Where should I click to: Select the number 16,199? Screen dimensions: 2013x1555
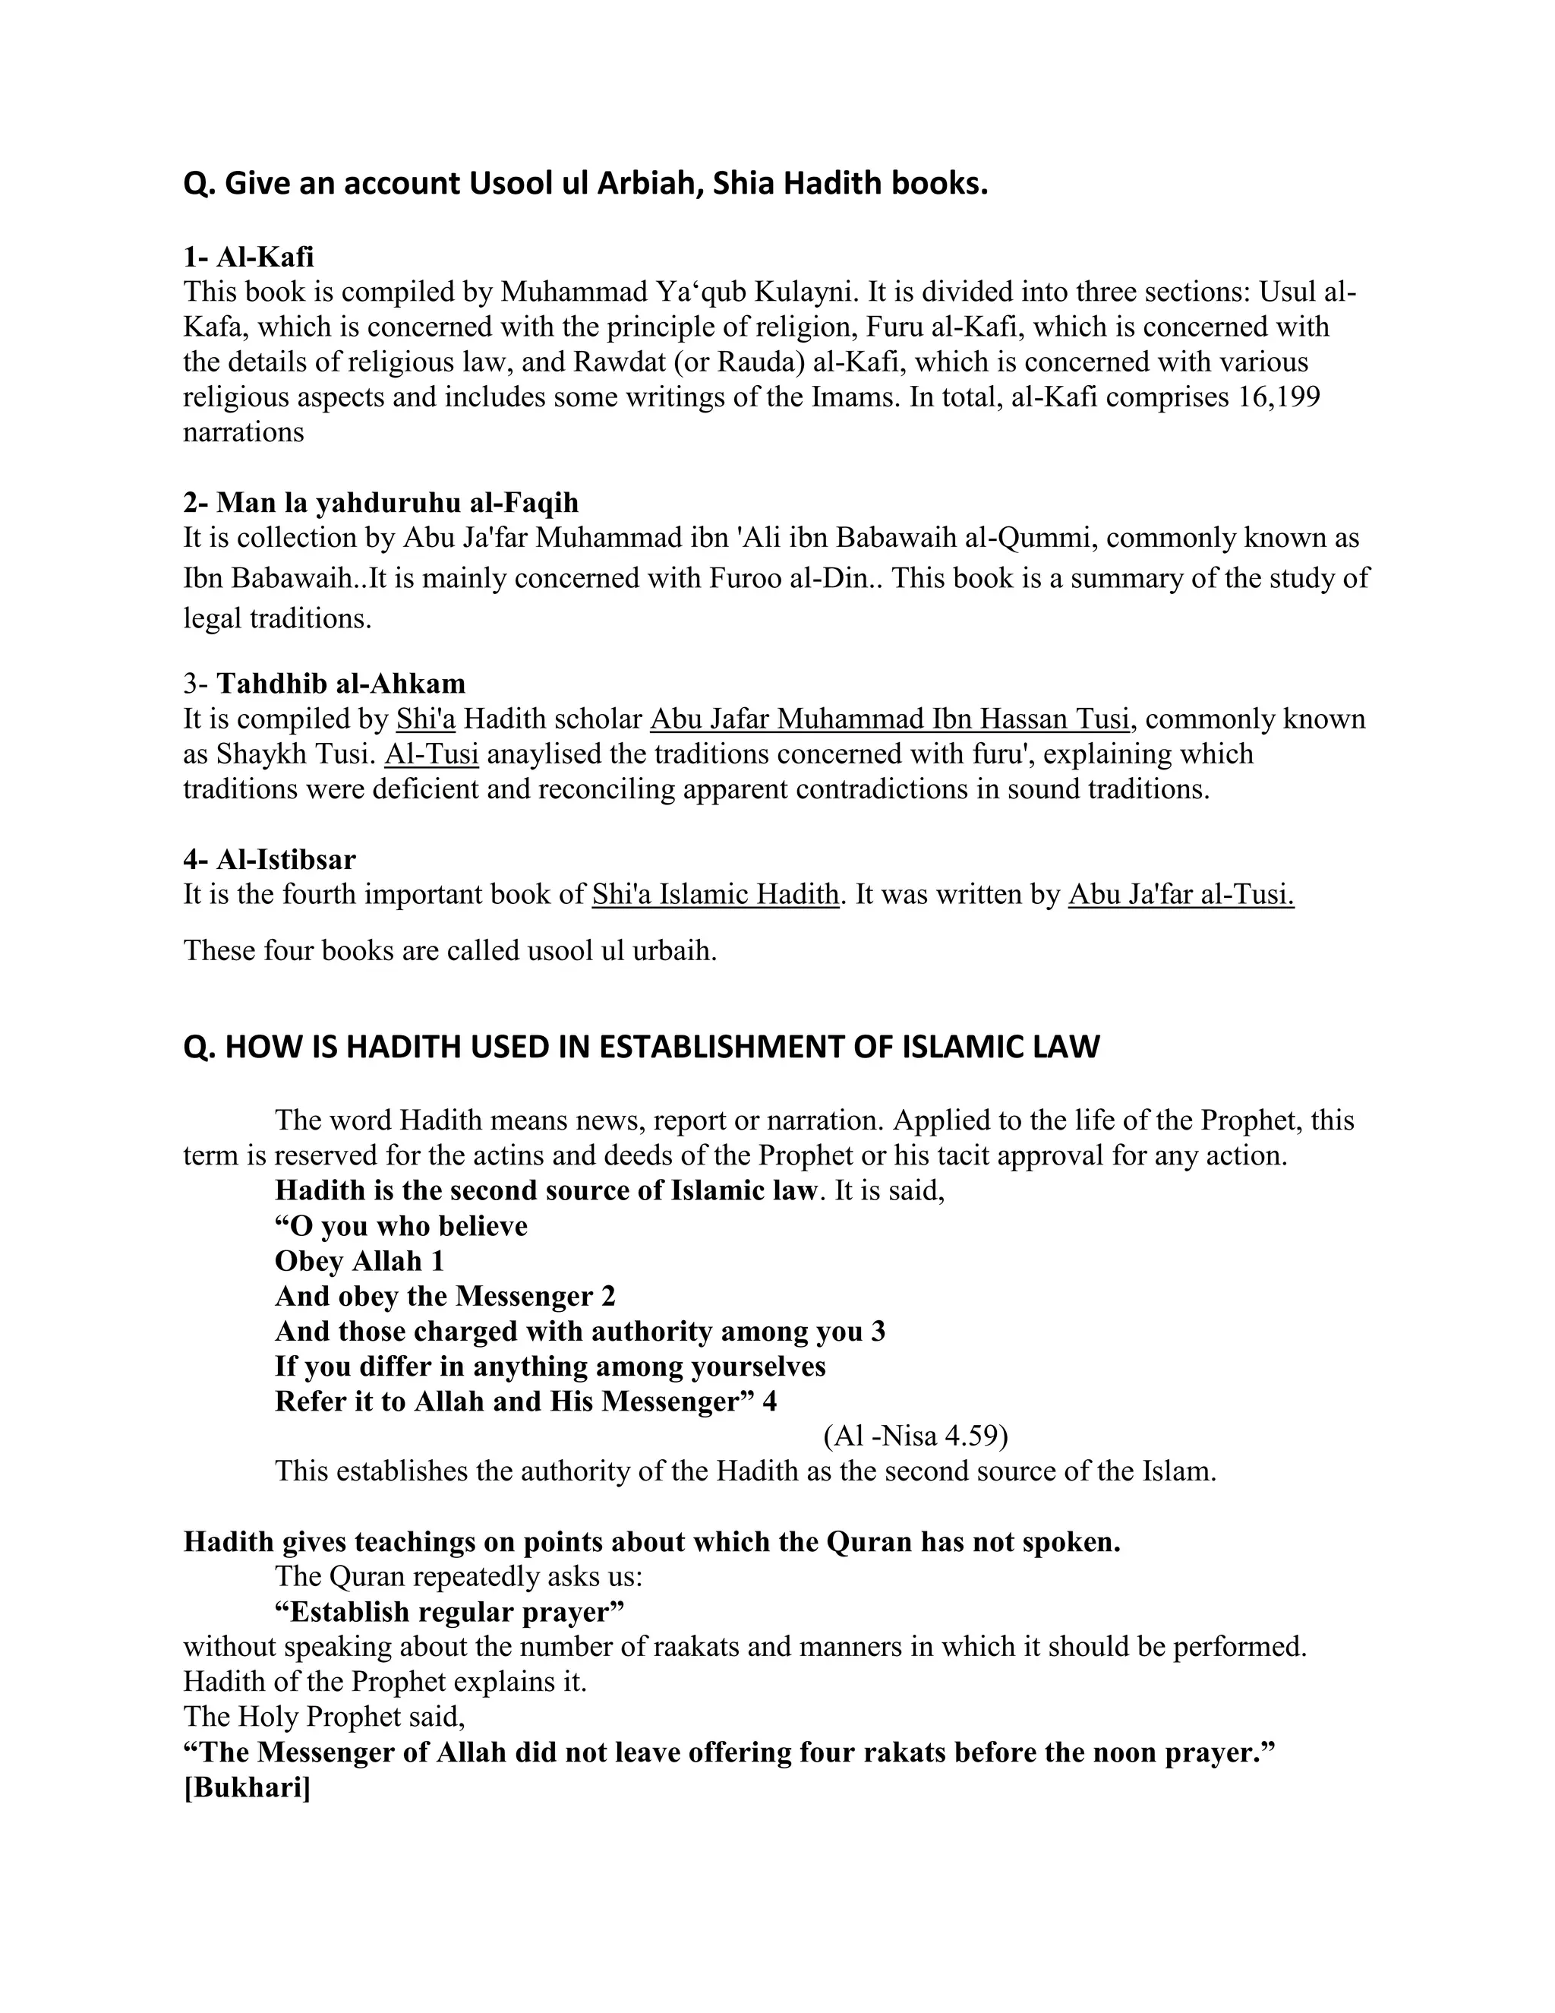(1279, 397)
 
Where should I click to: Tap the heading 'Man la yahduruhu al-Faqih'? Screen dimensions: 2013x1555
(397, 503)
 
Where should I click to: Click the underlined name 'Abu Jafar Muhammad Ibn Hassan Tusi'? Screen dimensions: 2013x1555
(890, 719)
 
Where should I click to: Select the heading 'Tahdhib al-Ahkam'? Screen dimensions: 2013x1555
(341, 684)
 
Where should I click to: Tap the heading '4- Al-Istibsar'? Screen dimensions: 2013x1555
(269, 860)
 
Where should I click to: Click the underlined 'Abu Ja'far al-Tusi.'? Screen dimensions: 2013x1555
(1181, 895)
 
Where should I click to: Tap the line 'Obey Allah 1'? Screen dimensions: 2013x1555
(359, 1262)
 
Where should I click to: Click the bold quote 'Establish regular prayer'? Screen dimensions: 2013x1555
(449, 1612)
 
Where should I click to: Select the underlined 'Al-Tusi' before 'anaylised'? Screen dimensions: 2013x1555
(431, 754)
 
